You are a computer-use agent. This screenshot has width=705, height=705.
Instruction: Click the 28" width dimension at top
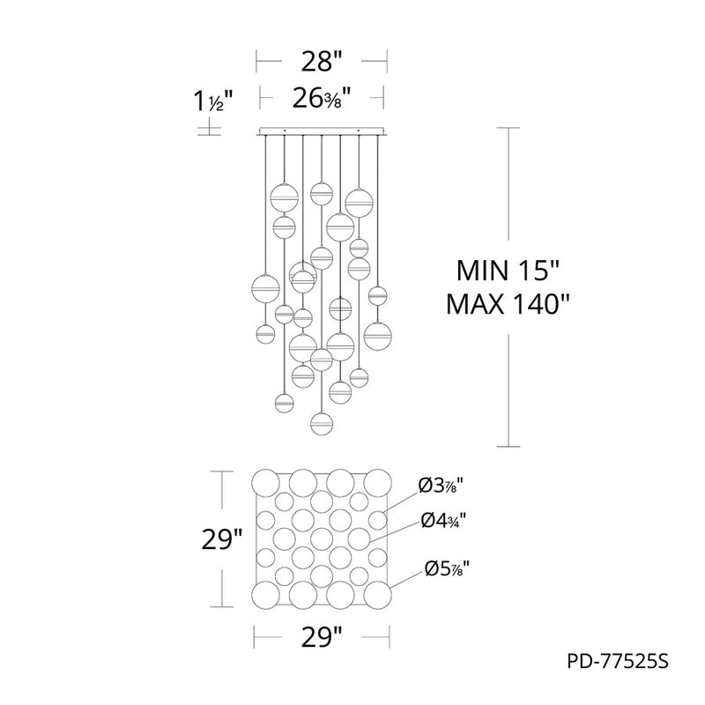322,62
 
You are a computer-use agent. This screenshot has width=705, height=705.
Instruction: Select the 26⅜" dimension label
322,98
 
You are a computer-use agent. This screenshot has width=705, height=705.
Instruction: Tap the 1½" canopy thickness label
213,100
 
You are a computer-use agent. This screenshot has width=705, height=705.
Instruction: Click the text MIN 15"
508,271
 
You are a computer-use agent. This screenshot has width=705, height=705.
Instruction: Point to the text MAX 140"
508,304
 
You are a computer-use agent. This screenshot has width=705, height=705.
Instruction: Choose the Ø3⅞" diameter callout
441,486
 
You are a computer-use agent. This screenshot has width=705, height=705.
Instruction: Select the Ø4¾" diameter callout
443,521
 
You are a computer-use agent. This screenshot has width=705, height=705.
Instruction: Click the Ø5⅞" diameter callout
447,568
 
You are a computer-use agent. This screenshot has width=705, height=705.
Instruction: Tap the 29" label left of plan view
222,539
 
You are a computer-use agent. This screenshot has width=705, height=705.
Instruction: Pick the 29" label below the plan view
322,636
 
